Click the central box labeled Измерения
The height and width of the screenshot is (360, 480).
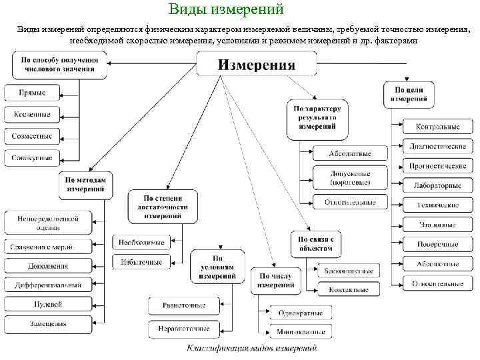(x=257, y=65)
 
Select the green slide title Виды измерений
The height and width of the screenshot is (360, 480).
(x=226, y=9)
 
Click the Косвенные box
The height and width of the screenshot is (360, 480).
(x=32, y=115)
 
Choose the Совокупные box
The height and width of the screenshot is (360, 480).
(x=32, y=157)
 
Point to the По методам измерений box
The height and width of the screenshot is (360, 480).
(x=85, y=185)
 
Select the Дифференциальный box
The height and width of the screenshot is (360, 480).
(x=48, y=285)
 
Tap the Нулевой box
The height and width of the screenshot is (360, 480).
(x=48, y=304)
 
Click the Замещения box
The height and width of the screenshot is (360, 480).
(x=48, y=324)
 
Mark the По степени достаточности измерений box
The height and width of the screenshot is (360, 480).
(x=163, y=207)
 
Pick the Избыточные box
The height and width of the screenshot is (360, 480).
(x=141, y=262)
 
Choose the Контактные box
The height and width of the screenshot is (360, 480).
(x=349, y=290)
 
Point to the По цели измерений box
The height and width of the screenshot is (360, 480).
(x=408, y=94)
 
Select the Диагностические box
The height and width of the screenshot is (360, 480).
(x=438, y=146)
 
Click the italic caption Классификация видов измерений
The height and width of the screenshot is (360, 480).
(x=252, y=349)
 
